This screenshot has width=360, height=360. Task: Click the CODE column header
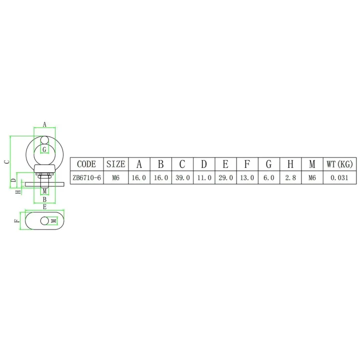pos(87,164)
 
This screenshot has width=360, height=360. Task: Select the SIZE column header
pos(116,164)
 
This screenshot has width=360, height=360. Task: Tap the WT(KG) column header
pos(340,164)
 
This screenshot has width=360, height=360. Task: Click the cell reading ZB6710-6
pos(87,177)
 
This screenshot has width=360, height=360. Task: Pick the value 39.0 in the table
pos(182,177)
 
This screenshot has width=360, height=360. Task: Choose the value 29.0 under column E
pos(225,177)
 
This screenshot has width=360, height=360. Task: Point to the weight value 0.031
pos(340,177)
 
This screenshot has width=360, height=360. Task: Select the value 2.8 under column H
pos(290,177)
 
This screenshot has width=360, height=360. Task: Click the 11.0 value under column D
pos(204,177)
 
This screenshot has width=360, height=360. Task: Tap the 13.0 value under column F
pos(247,177)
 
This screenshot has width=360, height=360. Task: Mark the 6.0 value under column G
pos(268,177)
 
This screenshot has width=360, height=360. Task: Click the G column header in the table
pos(268,164)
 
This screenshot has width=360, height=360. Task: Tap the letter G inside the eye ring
pos(44,149)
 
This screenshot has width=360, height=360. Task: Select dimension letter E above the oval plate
pos(44,206)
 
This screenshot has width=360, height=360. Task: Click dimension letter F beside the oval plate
pos(16,220)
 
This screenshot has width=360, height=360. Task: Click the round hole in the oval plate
pos(45,220)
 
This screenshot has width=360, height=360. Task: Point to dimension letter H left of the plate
pos(17,191)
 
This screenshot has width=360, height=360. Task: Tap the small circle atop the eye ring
pos(44,140)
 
